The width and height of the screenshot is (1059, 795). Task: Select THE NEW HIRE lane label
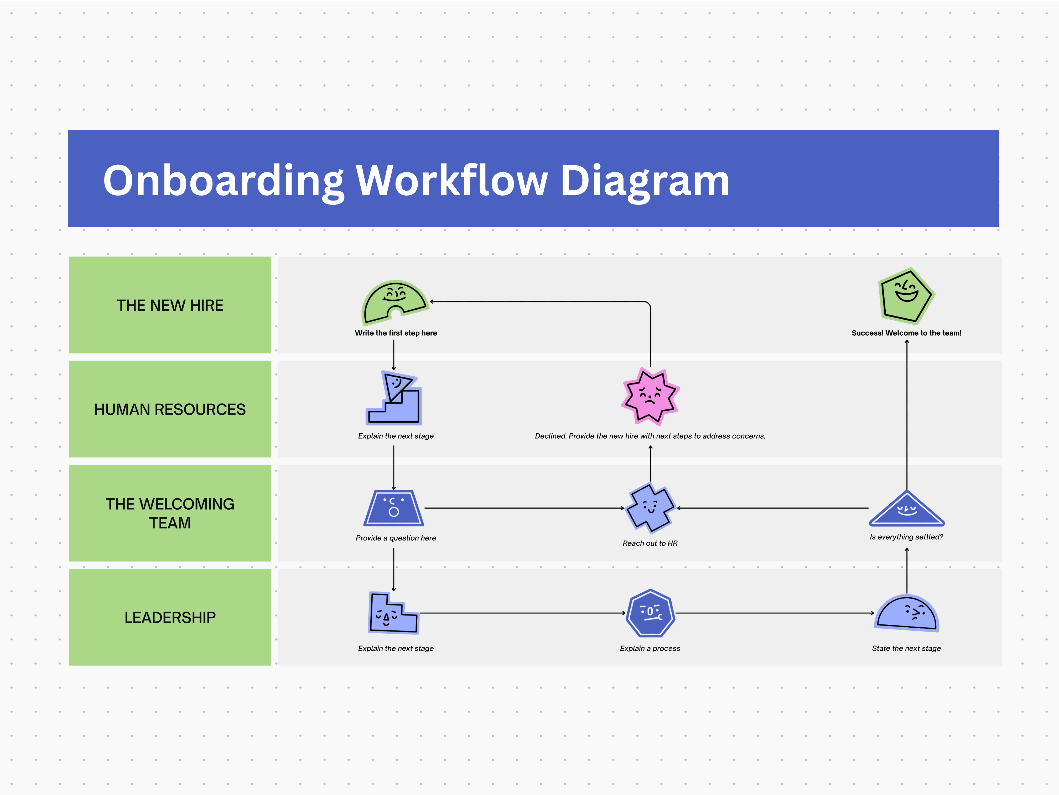click(170, 305)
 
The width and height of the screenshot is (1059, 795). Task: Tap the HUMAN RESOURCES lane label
click(170, 409)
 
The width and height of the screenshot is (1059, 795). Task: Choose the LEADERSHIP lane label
click(170, 617)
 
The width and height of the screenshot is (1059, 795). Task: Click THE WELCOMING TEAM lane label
click(170, 513)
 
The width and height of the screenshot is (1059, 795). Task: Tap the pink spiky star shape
click(650, 397)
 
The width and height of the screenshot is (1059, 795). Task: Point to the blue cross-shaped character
click(650, 508)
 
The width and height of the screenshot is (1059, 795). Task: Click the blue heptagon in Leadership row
click(650, 613)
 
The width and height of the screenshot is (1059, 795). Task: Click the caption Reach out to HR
click(650, 543)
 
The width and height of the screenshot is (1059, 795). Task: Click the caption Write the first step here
click(396, 333)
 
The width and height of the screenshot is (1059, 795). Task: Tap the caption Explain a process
click(650, 648)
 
